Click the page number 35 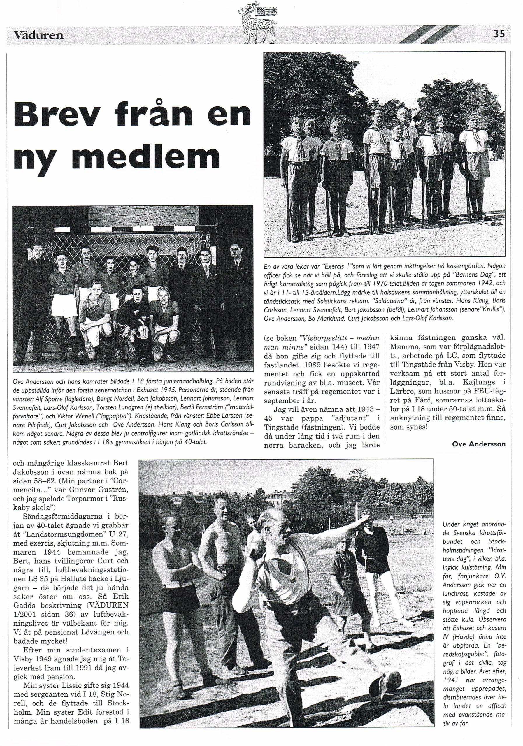[499, 34]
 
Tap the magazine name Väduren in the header [39, 35]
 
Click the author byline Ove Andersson [479, 444]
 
